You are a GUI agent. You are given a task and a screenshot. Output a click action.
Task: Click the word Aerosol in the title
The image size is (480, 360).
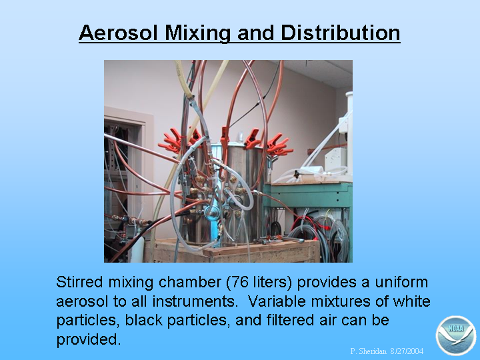119,33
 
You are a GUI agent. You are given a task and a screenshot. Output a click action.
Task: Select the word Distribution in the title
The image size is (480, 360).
340,33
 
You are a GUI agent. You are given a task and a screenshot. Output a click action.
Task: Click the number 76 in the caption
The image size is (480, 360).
240,282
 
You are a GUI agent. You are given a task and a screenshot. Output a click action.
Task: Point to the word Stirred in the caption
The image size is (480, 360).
79,282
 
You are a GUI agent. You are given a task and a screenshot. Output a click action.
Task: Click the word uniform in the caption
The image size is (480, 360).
401,282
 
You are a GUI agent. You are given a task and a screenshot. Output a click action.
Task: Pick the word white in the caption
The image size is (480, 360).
412,301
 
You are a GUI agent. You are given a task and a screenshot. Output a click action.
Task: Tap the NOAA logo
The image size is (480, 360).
455,335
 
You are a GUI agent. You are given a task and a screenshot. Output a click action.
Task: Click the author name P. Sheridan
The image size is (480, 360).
368,351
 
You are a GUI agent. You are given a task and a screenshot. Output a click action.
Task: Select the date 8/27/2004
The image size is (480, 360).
407,351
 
